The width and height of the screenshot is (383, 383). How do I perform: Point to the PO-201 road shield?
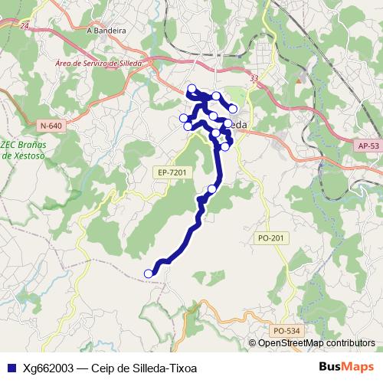pyautogui.click(x=271, y=238)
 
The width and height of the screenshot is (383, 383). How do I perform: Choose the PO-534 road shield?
pyautogui.click(x=285, y=330)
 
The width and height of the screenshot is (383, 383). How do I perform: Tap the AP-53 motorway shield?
pyautogui.click(x=368, y=146)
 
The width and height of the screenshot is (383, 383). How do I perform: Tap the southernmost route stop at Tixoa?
pyautogui.click(x=149, y=273)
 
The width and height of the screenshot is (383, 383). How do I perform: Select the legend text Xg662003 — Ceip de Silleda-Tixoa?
pyautogui.click(x=110, y=367)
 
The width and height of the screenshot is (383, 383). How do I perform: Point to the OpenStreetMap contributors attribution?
pyautogui.click(x=316, y=343)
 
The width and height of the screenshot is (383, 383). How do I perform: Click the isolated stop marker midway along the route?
pyautogui.click(x=212, y=188)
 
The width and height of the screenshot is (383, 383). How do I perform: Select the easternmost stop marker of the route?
pyautogui.click(x=233, y=109)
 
